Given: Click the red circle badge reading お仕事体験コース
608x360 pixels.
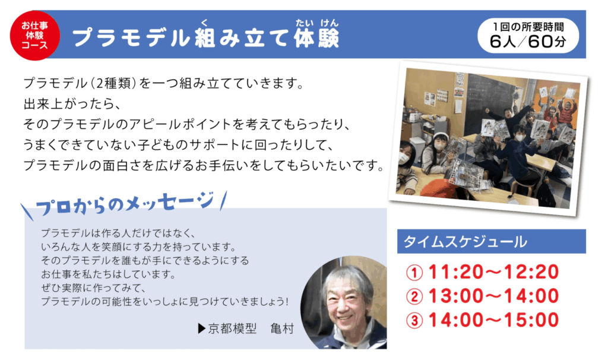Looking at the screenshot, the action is pos(35,35).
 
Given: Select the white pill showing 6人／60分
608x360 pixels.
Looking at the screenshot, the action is pos(528,35).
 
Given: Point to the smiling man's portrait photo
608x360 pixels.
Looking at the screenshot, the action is pos(344,302).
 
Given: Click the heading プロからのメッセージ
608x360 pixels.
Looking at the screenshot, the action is pos(125,203).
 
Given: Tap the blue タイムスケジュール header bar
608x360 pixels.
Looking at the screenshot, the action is pos(491,241).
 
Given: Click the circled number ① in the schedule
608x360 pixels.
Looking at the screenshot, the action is pos(414,272).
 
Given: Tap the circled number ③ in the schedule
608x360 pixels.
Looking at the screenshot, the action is pos(414,321).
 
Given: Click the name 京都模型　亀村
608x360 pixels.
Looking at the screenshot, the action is pos(251,329).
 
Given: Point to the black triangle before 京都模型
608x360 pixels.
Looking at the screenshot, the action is pos(202,329).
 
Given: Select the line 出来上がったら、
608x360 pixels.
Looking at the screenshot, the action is pos(72,104).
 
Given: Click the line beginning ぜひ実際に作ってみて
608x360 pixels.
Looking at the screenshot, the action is pos(93,288).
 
